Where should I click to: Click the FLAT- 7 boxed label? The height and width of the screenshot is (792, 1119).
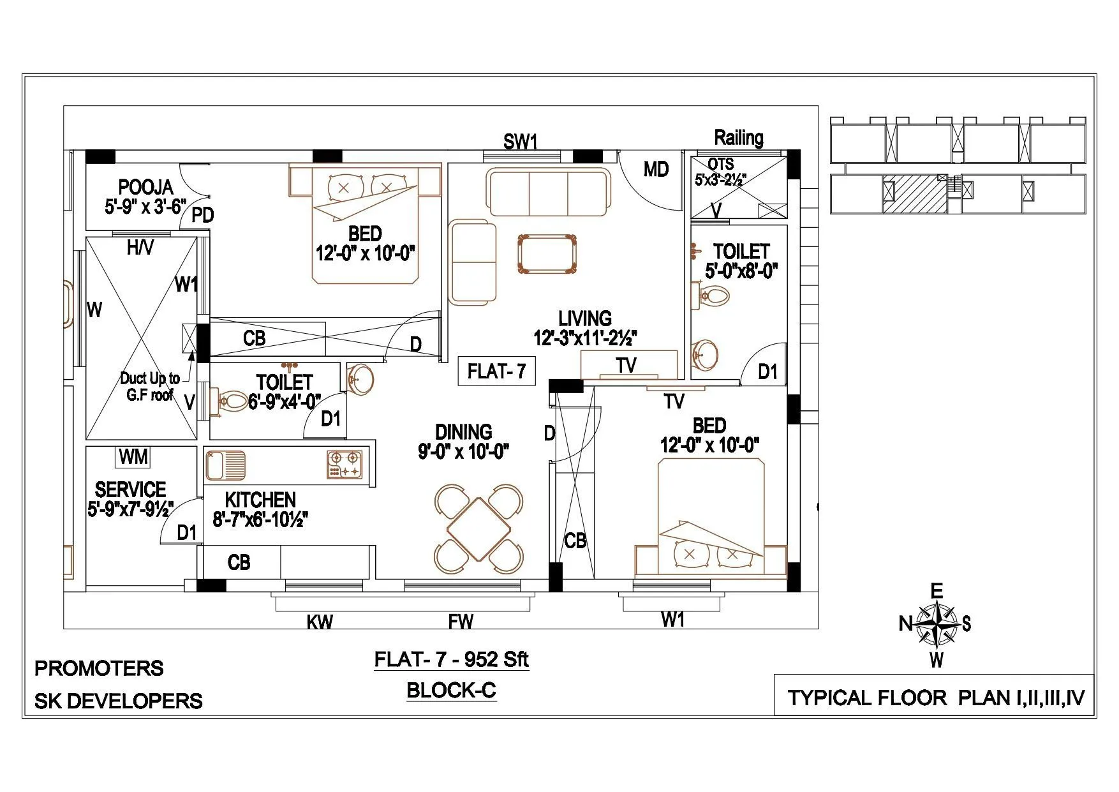[x=496, y=371]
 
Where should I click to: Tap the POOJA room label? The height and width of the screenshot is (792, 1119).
[x=145, y=187]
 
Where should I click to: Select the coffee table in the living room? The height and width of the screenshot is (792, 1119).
[x=547, y=255]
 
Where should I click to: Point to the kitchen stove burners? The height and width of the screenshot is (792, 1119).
[x=344, y=464]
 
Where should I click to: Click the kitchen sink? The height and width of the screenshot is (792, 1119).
[x=225, y=463]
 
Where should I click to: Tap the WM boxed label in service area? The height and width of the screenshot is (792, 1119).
[x=133, y=457]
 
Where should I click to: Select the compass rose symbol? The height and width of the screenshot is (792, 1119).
[x=935, y=625]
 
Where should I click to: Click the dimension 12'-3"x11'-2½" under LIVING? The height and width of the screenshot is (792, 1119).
[x=585, y=338]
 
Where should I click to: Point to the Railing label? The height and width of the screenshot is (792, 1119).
[x=738, y=137]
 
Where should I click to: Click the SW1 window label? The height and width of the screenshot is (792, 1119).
[x=521, y=142]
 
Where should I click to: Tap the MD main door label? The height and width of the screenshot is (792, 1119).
[x=656, y=169]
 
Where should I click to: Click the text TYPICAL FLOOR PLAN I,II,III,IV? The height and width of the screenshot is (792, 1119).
[x=935, y=698]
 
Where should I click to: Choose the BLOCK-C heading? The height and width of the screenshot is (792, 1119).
[x=451, y=691]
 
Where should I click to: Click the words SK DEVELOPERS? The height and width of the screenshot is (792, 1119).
[x=118, y=701]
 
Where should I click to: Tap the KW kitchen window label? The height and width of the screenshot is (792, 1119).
[x=320, y=622]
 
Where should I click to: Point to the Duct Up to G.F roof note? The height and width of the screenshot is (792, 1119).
[x=150, y=386]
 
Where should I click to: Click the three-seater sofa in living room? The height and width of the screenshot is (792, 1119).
[x=548, y=192]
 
